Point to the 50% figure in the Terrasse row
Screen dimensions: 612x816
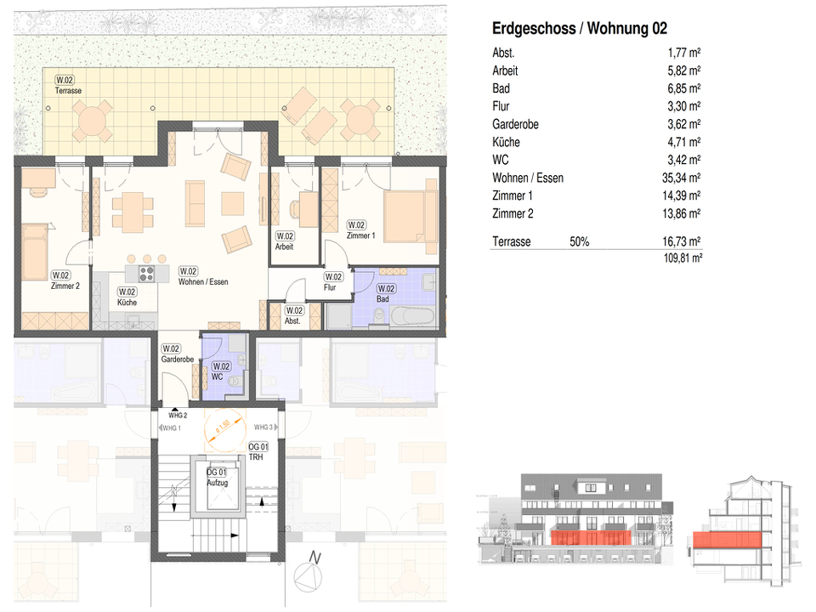[x=579, y=242]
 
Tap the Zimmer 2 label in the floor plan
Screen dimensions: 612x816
[x=65, y=281]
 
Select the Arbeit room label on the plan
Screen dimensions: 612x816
[x=284, y=241]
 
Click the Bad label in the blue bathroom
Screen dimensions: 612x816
[x=385, y=294]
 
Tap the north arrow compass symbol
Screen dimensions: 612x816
[x=309, y=578]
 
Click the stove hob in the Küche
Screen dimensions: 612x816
[x=145, y=274]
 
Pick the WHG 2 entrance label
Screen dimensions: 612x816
[x=177, y=415]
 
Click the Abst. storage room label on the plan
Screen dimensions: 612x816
[x=294, y=316]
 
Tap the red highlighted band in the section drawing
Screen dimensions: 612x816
[x=728, y=541]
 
